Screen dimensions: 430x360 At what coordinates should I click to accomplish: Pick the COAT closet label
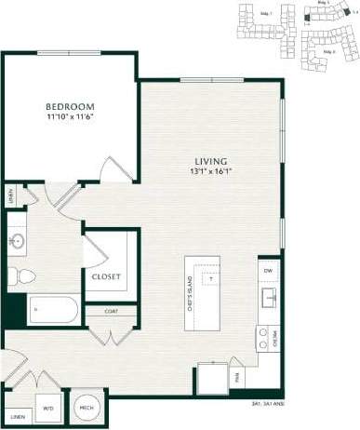111,311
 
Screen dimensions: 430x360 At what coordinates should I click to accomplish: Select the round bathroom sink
16,241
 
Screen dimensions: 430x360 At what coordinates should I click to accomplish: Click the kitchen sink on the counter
268,299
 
